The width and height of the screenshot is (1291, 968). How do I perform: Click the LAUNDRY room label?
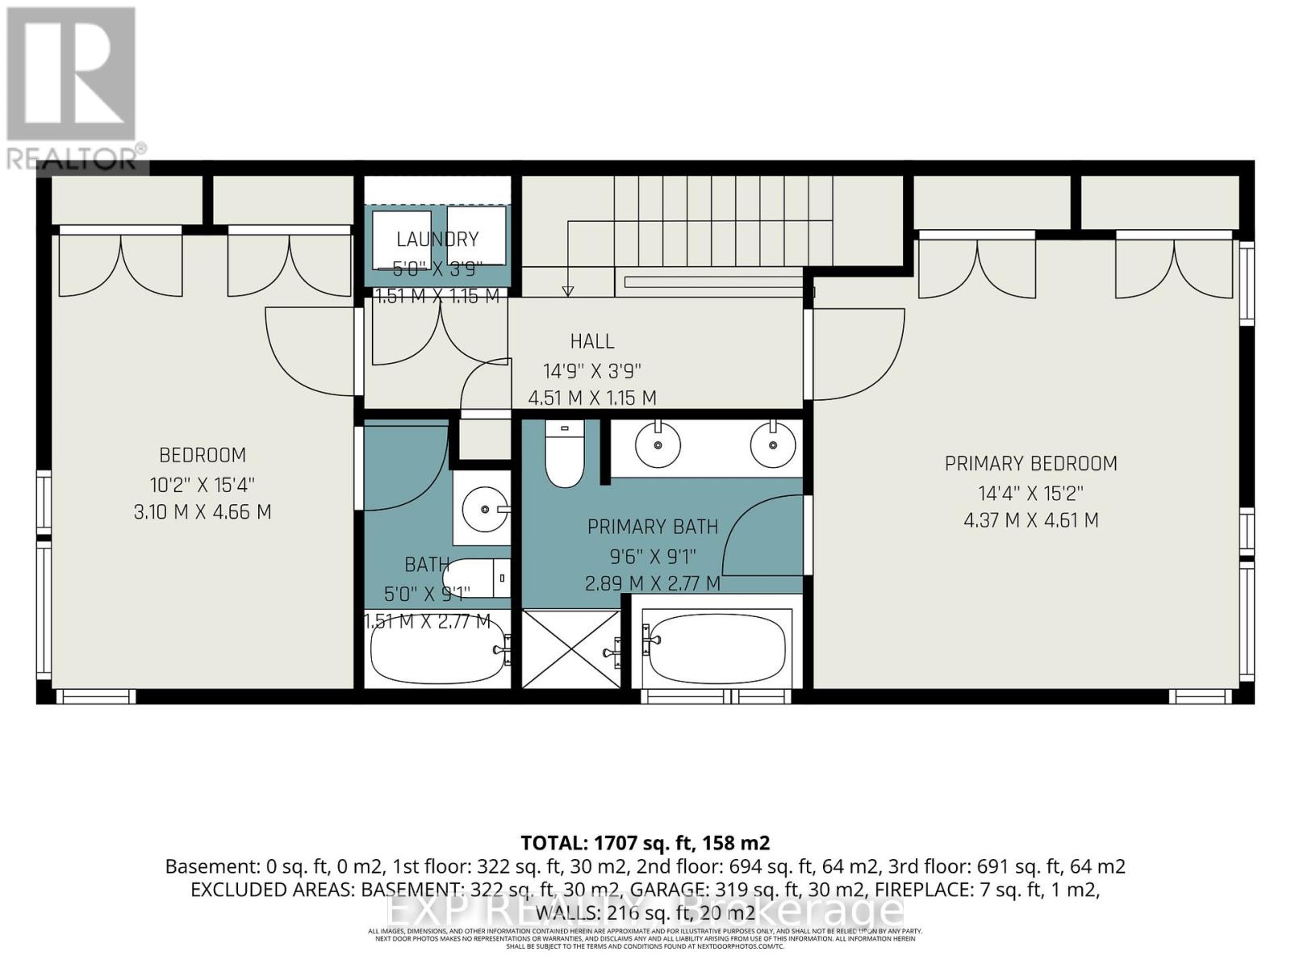[437, 239]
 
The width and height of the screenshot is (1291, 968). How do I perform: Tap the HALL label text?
[592, 341]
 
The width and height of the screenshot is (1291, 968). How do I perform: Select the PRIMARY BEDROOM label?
[1030, 464]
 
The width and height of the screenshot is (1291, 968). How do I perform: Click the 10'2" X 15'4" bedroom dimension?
[202, 485]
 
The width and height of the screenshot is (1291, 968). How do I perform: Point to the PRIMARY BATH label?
[652, 528]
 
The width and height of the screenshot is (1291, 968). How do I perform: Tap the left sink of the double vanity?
[658, 444]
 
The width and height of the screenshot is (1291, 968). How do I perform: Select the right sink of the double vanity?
[773, 444]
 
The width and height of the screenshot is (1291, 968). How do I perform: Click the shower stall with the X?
[571, 649]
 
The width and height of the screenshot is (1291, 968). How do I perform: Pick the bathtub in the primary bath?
[717, 649]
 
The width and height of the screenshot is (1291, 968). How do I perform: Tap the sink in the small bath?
[483, 509]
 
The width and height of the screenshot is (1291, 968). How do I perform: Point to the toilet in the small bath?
[476, 578]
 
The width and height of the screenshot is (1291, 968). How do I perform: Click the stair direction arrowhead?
[568, 291]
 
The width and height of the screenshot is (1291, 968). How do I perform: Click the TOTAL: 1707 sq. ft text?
[645, 844]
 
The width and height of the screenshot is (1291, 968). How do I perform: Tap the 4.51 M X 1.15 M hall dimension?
[592, 398]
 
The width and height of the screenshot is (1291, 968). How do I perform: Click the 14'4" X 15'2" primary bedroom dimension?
[1030, 493]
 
